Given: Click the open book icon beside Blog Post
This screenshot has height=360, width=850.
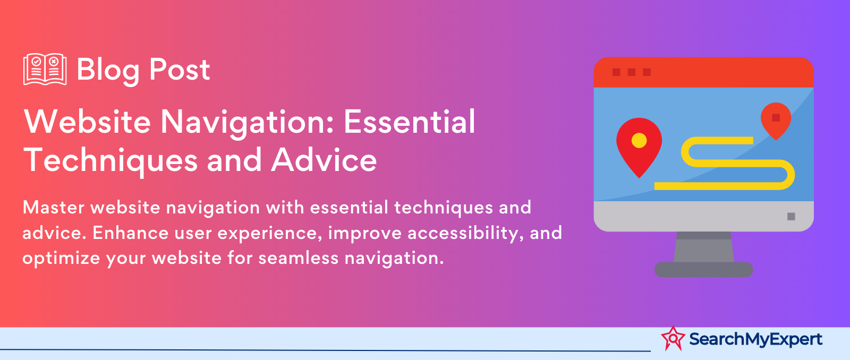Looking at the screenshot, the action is coord(45,69).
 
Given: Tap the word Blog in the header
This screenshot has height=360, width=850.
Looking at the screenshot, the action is coord(108,70).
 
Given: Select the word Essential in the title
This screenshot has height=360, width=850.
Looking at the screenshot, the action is coord(410,122).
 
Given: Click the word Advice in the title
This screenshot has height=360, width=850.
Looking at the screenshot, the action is coord(324,160).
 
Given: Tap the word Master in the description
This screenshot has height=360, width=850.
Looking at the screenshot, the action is coord(54,208).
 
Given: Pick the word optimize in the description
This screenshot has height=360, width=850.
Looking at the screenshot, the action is coord(61,259).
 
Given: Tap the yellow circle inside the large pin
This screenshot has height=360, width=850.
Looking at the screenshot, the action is coord(639,140).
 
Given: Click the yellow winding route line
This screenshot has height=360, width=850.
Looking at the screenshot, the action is coord(737,163).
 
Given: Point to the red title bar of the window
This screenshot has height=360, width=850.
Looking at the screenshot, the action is coord(703,72).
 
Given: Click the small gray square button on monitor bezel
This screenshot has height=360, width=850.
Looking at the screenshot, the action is coord(791,216).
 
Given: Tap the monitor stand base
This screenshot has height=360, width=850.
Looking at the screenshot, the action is coord(703,269).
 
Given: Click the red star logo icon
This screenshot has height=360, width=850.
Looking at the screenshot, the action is coord(673,338).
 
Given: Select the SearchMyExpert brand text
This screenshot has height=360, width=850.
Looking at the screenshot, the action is coord(755,339).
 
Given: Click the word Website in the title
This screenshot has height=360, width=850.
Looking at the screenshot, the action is coord(87,122).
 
